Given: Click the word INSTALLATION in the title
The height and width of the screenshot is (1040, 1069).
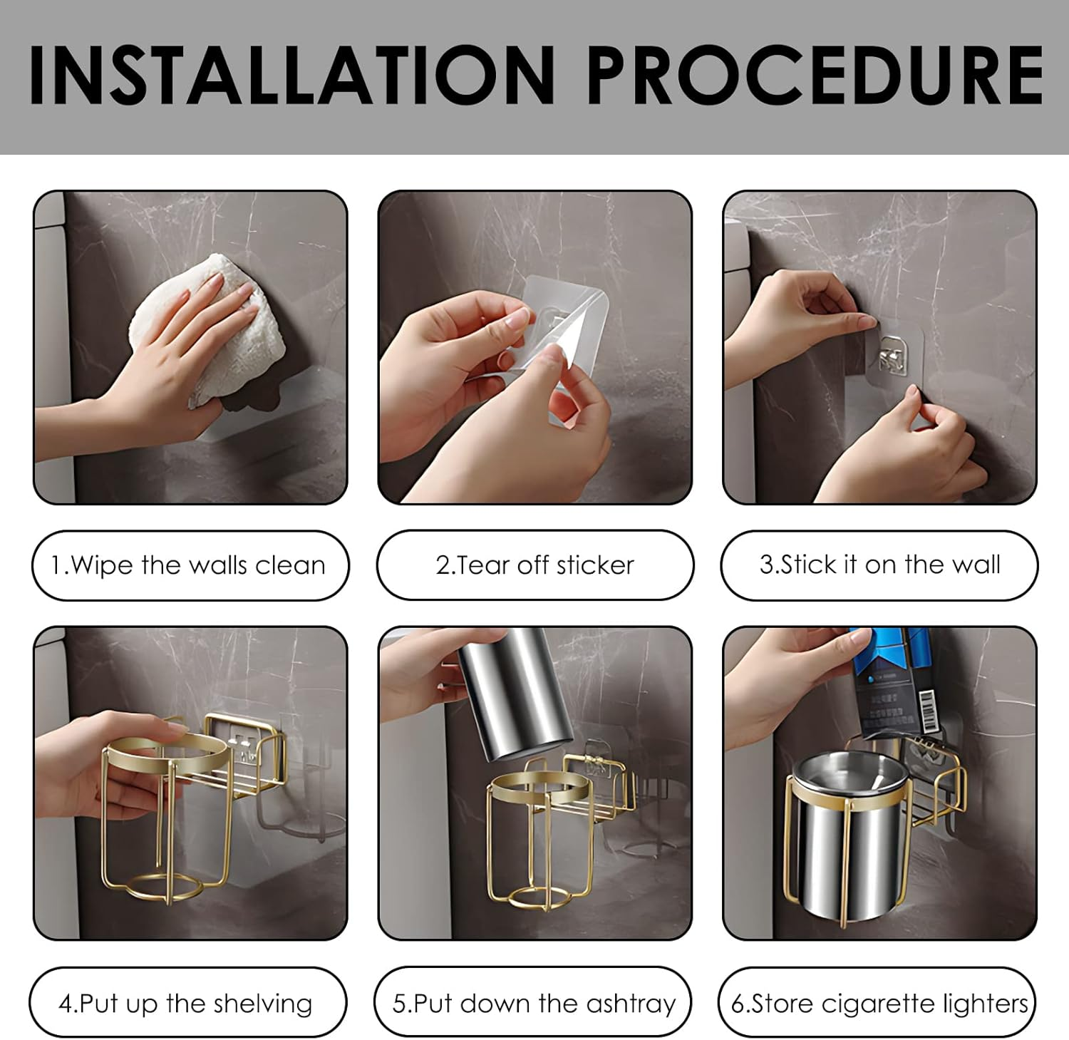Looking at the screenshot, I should tap(291, 75).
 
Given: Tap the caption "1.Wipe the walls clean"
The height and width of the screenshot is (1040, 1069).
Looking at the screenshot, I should tap(189, 565).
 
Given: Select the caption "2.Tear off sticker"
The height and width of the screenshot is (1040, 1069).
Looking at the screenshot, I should tap(534, 565).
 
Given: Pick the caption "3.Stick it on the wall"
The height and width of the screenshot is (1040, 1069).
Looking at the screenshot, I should tap(879, 565).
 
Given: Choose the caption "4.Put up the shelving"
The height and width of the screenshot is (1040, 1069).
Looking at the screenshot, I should tap(186, 1004).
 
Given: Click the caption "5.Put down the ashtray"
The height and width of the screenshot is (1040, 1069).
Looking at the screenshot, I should tap(533, 1004).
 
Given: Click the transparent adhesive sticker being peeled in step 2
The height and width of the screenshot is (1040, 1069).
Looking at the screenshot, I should tap(563, 335).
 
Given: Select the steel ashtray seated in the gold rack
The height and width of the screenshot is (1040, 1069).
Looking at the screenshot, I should tap(848, 841).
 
